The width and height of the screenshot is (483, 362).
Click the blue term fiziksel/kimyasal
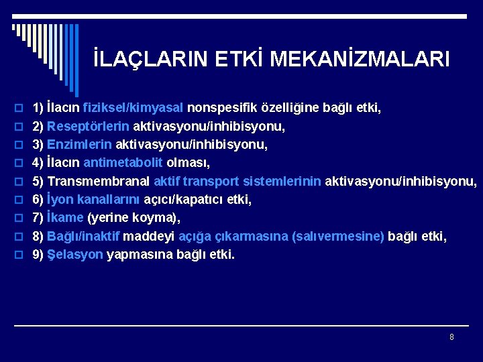(133, 107)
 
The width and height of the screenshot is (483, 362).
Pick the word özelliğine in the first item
(286, 107)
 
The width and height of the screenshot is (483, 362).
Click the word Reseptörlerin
(89, 126)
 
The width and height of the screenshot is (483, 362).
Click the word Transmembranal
(99, 181)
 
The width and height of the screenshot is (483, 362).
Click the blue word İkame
(66, 218)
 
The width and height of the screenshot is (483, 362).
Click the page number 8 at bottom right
(451, 337)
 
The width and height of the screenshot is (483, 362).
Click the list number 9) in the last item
(38, 255)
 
